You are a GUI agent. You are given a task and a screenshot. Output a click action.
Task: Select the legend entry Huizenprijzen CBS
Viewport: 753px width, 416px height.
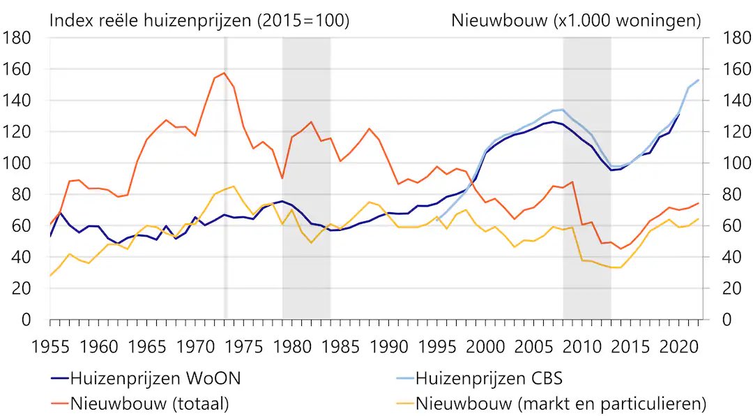point(489,379)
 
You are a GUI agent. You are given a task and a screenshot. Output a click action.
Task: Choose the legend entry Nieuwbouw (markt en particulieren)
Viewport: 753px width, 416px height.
point(561,403)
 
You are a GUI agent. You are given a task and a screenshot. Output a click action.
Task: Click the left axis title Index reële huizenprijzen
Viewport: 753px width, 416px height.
point(199,21)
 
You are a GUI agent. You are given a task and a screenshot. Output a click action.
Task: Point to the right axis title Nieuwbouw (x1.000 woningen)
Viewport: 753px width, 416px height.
point(576,21)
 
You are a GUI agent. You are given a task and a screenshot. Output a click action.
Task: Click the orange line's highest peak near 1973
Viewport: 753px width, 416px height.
point(224,73)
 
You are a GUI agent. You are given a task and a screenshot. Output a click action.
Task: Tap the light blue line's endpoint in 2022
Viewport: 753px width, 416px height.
point(698,80)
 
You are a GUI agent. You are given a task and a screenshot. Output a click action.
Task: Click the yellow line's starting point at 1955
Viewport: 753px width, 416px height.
point(50,276)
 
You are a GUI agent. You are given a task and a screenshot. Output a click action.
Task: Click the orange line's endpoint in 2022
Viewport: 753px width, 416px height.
point(698,203)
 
